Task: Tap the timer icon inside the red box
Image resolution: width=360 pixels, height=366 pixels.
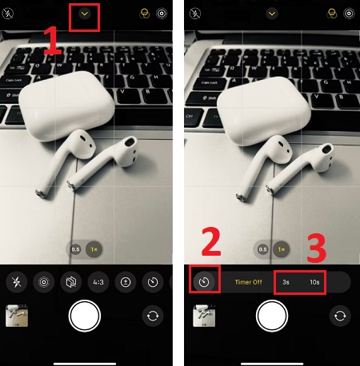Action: pos(206,282)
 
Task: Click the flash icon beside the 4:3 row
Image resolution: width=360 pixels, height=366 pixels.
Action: pos(17,282)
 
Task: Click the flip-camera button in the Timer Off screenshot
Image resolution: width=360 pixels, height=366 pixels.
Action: pos(339,316)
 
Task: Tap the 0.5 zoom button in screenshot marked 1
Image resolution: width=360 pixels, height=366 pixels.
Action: pos(75,250)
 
